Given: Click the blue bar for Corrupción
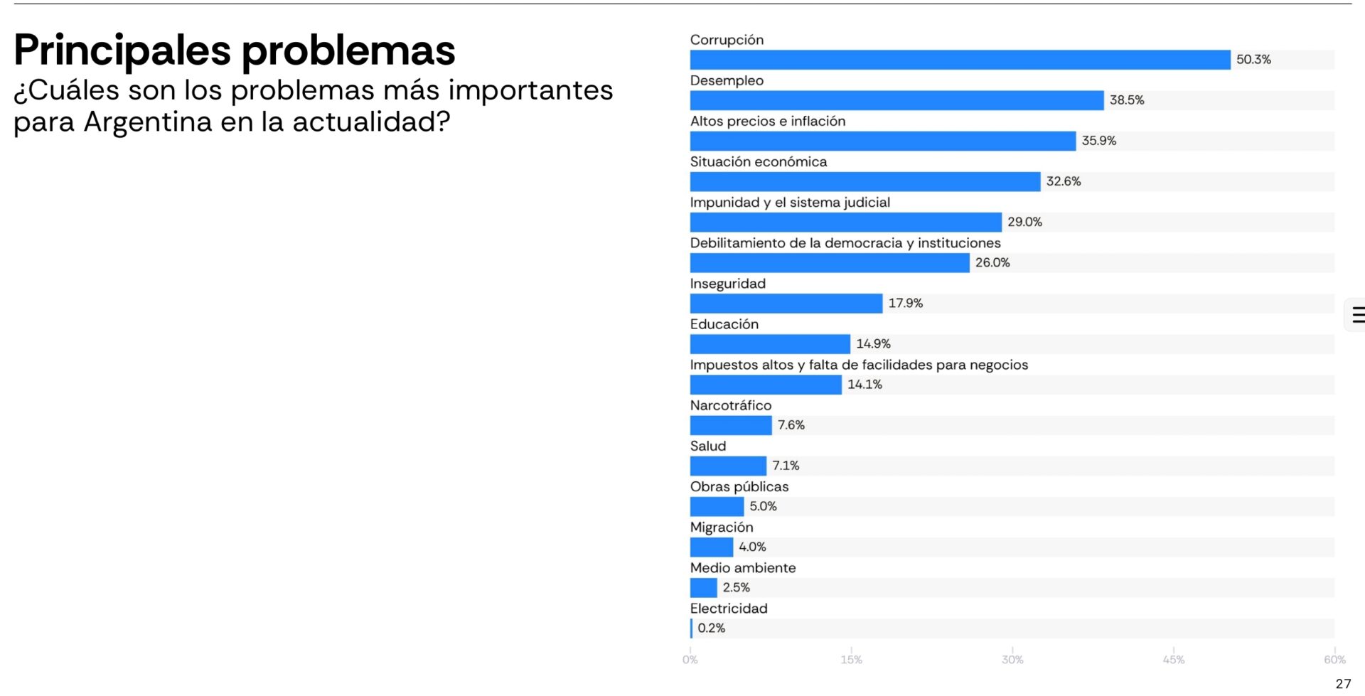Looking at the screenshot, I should point(960,60).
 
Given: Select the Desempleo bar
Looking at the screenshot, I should point(896,100).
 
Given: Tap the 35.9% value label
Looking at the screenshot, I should point(1098,141).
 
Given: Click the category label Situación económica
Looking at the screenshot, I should point(759,162).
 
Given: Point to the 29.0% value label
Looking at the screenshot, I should point(1024,222).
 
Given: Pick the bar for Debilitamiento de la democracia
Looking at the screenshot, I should point(830,263).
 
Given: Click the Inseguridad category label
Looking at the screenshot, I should point(727,284).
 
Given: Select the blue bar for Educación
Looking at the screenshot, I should point(770,344).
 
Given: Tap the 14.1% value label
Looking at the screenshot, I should point(864,385).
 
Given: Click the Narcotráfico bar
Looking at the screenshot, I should point(731,425).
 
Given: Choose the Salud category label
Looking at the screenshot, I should point(708,446).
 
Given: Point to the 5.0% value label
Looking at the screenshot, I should point(763,506).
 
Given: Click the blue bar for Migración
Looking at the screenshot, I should point(712,547).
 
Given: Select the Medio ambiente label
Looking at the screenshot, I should point(743,568).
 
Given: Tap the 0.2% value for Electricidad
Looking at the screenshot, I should point(711,628).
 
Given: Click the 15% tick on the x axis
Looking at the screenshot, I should point(851,660).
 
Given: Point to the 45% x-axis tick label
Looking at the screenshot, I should point(1173,660).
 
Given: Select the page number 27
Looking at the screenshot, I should point(1343,684).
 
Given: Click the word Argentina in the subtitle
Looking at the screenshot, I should point(148,122).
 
